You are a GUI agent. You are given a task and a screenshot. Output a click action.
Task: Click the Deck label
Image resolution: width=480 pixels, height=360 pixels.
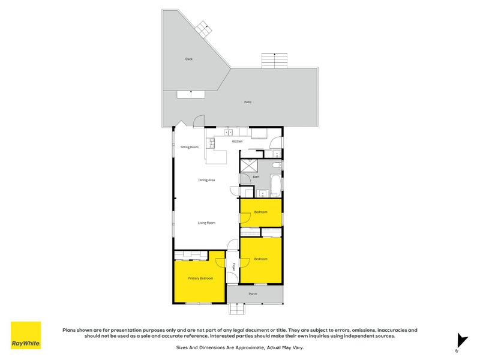click(188, 59)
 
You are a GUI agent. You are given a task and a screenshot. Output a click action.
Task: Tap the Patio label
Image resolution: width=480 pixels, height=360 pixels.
click(248, 102)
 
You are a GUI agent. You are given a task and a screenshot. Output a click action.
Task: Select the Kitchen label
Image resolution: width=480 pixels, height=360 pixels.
click(238, 141)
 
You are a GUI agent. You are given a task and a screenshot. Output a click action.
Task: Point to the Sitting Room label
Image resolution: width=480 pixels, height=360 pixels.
click(190, 146)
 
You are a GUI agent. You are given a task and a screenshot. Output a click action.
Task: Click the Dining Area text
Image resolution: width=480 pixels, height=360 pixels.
click(207, 180)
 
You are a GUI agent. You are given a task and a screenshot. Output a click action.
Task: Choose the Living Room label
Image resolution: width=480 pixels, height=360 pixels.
click(207, 223)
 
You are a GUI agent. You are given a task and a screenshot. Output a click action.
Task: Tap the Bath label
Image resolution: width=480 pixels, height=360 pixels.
click(256, 176)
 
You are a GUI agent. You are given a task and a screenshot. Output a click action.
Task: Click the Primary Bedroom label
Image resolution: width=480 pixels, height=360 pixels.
click(200, 278)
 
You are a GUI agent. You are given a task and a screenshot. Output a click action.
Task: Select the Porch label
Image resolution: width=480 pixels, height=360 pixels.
click(253, 293)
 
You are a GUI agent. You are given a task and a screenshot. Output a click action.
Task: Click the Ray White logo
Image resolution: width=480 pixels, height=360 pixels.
click(26, 335)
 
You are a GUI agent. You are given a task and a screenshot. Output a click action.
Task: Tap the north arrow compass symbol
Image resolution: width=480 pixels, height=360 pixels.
click(461, 340)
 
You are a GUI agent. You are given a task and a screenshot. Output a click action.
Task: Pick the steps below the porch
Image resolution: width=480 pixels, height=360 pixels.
click(238, 309)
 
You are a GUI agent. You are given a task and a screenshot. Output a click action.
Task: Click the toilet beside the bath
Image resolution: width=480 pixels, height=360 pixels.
click(275, 164)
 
